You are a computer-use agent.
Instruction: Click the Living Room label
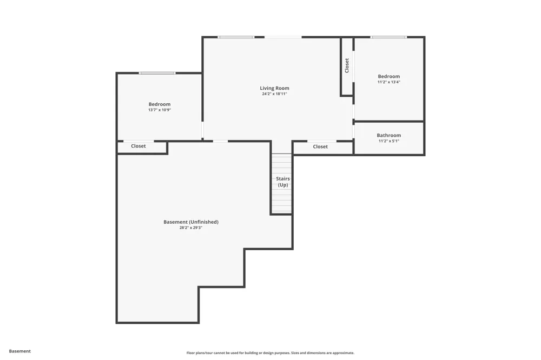point(274,88)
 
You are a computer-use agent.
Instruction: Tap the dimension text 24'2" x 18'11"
point(274,94)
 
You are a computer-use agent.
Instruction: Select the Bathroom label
point(389,135)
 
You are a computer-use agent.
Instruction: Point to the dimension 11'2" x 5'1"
point(389,141)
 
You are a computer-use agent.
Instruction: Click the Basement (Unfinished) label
point(191,222)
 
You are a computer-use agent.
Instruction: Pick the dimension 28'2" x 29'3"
point(191,228)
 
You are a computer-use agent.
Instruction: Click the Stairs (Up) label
point(283,182)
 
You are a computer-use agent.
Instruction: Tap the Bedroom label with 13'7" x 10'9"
point(160,104)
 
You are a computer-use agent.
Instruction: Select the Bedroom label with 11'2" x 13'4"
point(389,76)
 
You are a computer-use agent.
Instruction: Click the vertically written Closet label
point(347,65)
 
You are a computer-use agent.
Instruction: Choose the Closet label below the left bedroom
point(138,146)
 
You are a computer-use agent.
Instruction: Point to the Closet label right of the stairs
point(320,146)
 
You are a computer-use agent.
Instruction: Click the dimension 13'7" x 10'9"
point(160,110)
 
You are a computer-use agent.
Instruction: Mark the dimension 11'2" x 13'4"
point(389,82)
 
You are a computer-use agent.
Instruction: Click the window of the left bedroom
point(157,73)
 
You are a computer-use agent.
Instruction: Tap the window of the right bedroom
point(388,37)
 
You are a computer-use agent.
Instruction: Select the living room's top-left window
point(236,37)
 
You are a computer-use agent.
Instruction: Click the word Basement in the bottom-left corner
point(19,351)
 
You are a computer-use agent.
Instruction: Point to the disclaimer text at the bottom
point(270,353)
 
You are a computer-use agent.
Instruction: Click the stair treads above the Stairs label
point(282,164)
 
